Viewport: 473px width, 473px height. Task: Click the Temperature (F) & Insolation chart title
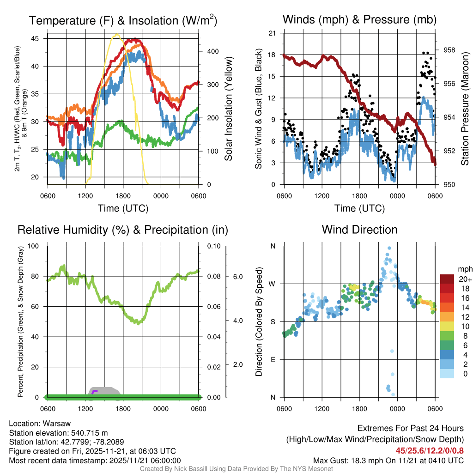[123, 20]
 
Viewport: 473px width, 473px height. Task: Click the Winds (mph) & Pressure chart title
[359, 19]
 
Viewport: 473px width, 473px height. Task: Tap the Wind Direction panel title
[359, 230]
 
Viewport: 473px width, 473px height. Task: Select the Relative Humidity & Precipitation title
[123, 230]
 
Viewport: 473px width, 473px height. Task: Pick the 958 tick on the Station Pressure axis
[449, 50]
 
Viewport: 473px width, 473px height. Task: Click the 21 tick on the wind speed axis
[272, 33]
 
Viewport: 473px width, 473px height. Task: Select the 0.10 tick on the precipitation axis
[212, 246]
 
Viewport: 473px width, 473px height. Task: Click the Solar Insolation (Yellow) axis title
[228, 109]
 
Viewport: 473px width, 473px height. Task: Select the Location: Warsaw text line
[40, 424]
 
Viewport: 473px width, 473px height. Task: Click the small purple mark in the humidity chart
[94, 392]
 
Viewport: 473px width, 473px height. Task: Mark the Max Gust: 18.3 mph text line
[388, 460]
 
